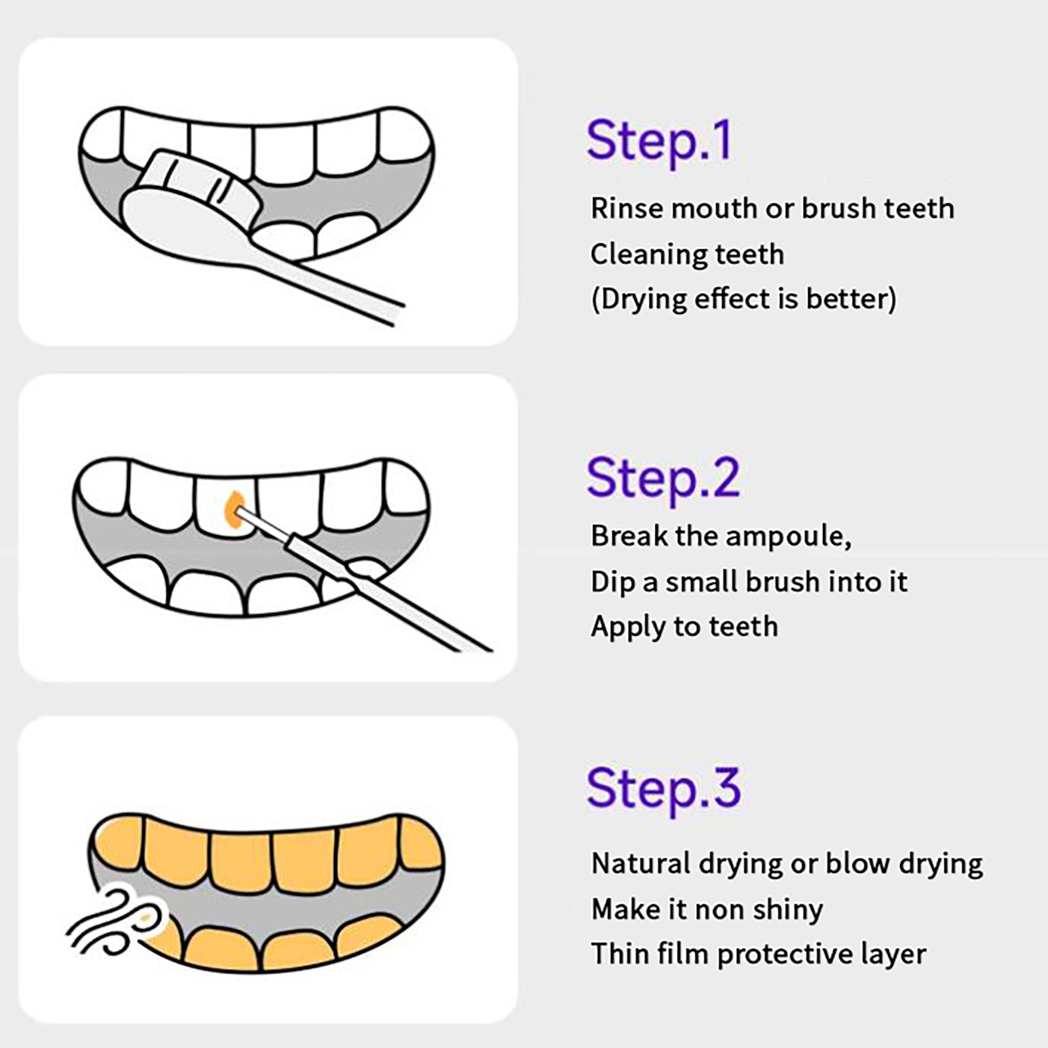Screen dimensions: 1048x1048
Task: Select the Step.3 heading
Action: [x=664, y=789]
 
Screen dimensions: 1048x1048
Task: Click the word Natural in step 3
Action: [x=641, y=864]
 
